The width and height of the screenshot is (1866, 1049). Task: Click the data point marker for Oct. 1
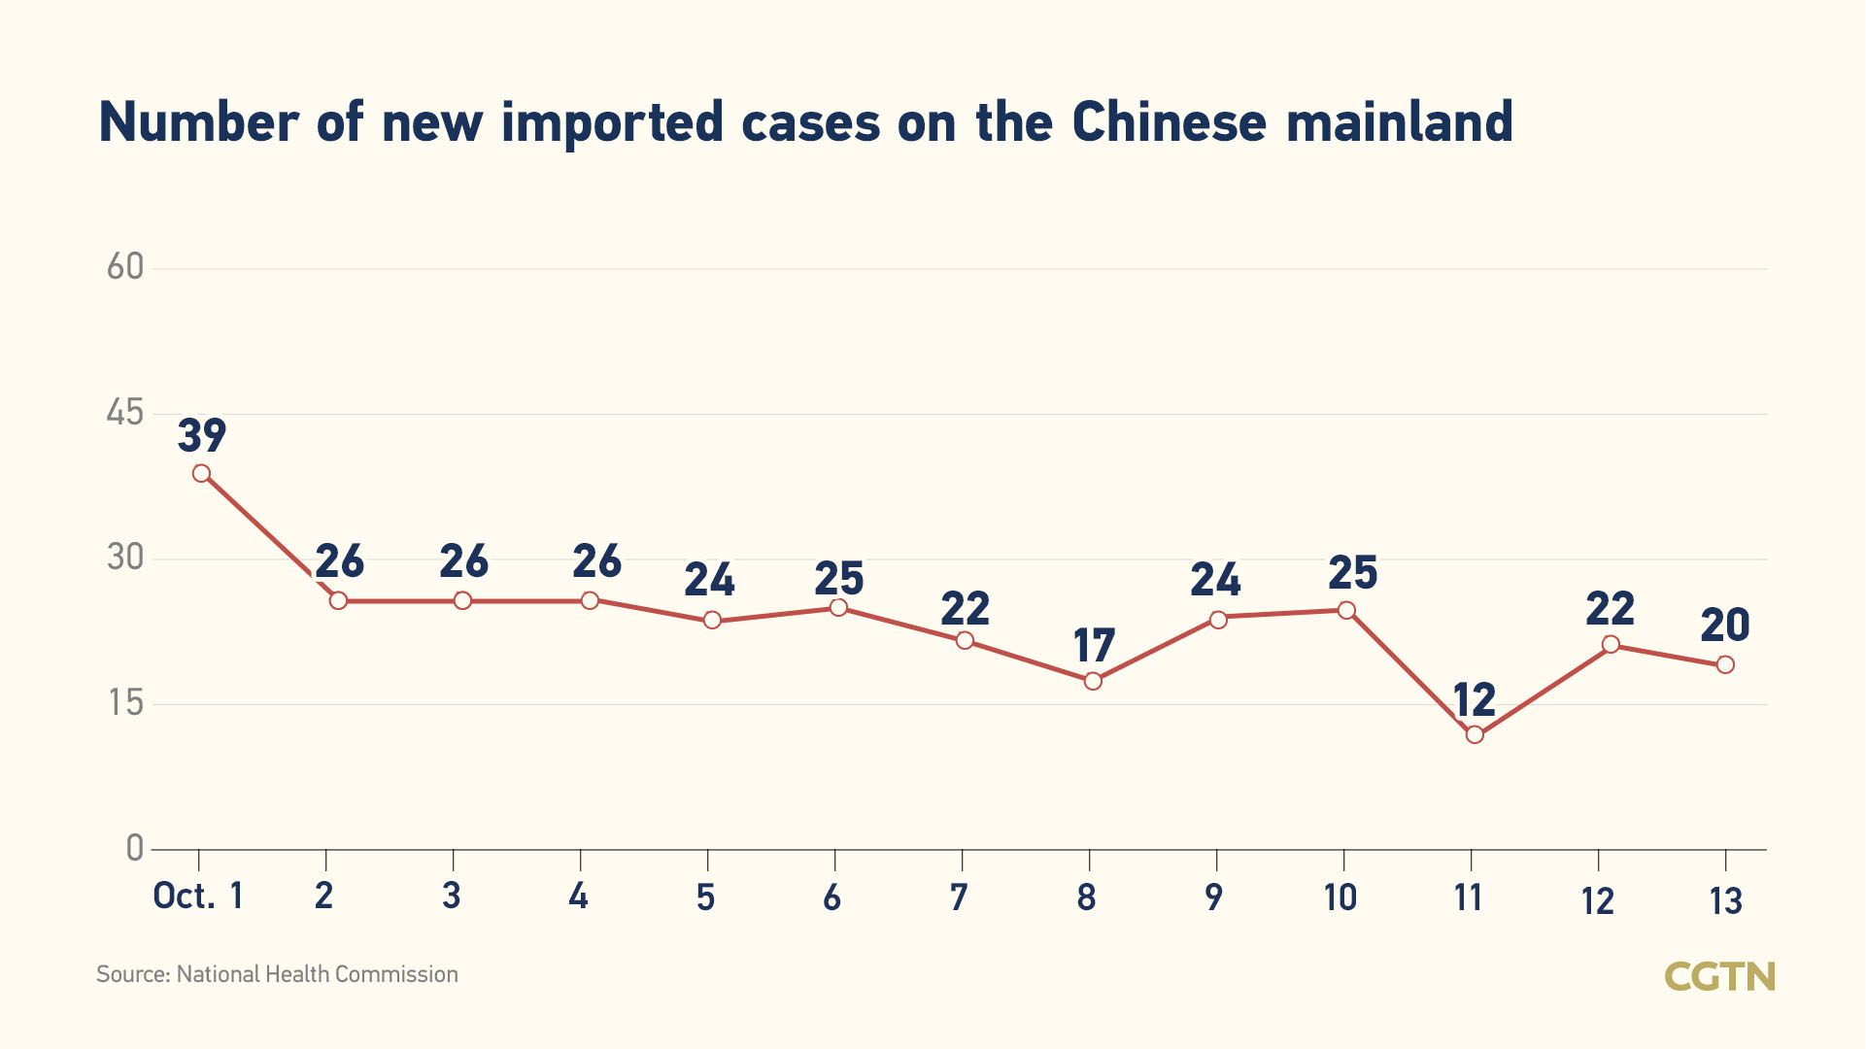coord(201,474)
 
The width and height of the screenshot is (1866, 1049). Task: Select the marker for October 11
coord(1475,734)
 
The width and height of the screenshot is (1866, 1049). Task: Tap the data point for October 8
coord(1093,681)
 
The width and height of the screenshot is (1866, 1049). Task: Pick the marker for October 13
coord(1725,664)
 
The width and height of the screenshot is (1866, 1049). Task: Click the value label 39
coord(202,435)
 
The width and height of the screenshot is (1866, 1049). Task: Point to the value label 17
coord(1094,646)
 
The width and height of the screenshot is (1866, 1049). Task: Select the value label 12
coord(1474,699)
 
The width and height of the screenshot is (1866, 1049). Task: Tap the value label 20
coord(1725,626)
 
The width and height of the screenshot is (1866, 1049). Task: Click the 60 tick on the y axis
coord(125,267)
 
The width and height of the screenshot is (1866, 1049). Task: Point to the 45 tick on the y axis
coord(125,413)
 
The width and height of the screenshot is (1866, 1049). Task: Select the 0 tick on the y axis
coord(135,848)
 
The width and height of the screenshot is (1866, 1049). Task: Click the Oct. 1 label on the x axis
coord(198,896)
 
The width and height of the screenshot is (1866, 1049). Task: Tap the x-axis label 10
coord(1340,897)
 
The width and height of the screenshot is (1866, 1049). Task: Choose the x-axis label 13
coord(1726,902)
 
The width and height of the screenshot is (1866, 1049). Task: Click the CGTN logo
coord(1719,976)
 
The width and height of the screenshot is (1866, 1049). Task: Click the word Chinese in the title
coord(1170,122)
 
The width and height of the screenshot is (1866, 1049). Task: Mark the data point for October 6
coord(838,608)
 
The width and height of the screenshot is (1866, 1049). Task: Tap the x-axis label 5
coord(706,897)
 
